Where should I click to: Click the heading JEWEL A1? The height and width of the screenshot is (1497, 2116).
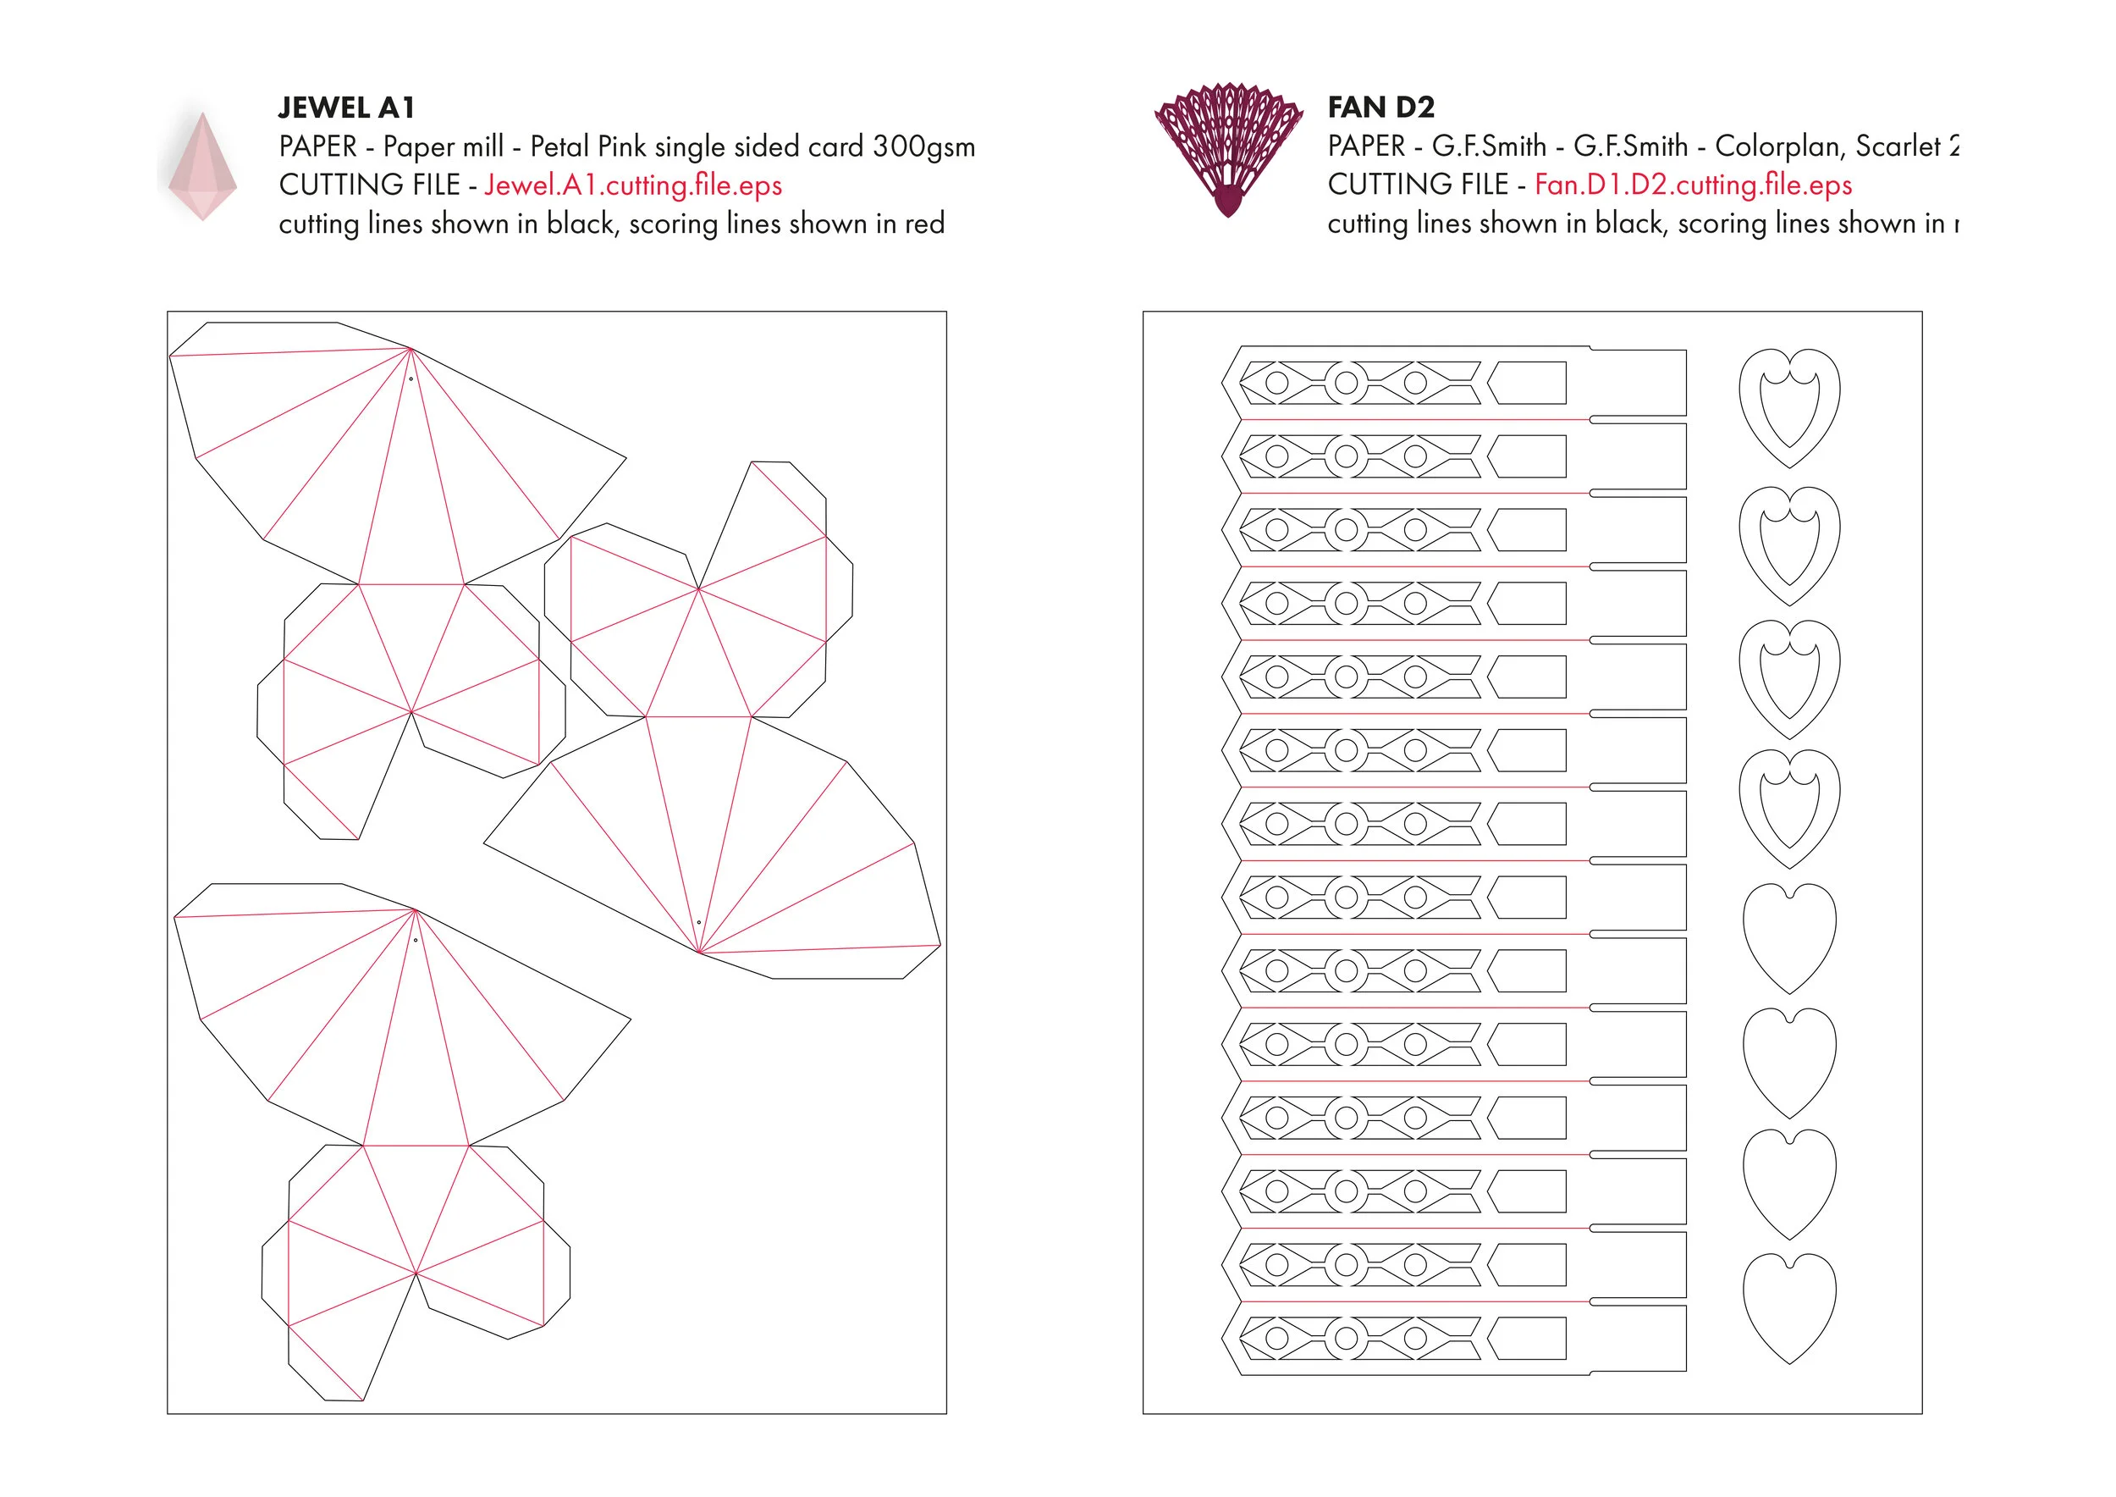click(346, 108)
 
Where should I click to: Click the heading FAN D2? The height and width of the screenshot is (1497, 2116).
click(1380, 108)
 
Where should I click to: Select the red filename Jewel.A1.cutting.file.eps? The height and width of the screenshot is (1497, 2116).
click(633, 185)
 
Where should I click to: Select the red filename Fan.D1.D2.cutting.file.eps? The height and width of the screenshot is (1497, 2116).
click(1693, 185)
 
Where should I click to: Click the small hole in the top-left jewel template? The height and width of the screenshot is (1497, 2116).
click(411, 378)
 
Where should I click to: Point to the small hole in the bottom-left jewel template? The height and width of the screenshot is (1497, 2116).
click(416, 940)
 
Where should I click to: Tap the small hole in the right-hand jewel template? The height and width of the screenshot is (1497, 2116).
click(698, 923)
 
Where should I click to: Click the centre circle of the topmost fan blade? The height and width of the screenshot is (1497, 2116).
click(1347, 383)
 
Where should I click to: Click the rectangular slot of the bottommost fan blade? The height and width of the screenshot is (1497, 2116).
click(1528, 1339)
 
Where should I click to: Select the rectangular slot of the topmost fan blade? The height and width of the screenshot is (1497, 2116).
click(1528, 383)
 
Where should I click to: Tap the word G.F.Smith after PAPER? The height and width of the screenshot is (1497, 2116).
click(1488, 146)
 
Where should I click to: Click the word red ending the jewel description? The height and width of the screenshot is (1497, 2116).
click(924, 224)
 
